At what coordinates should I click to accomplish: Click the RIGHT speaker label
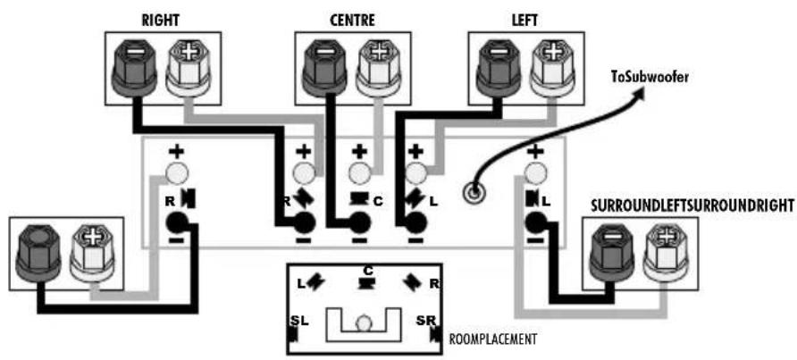[x=161, y=21]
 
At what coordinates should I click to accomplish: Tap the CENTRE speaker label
[x=352, y=21]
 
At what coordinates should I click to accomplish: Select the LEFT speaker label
[x=525, y=21]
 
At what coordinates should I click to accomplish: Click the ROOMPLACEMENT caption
[x=492, y=339]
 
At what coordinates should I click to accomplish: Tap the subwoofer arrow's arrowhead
[x=639, y=93]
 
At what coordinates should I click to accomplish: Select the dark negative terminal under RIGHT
[x=132, y=68]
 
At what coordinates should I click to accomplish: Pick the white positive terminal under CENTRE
[x=379, y=68]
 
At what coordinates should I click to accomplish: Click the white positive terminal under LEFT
[x=552, y=68]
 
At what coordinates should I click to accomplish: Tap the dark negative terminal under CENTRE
[x=324, y=68]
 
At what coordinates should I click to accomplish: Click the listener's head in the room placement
[x=363, y=324]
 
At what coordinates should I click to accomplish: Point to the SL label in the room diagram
[x=298, y=321]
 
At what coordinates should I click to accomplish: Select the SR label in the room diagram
[x=425, y=321]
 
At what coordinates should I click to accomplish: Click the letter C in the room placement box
[x=367, y=270]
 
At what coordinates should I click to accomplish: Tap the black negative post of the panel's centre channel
[x=359, y=222]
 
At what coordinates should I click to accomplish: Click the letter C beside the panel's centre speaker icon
[x=378, y=201]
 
